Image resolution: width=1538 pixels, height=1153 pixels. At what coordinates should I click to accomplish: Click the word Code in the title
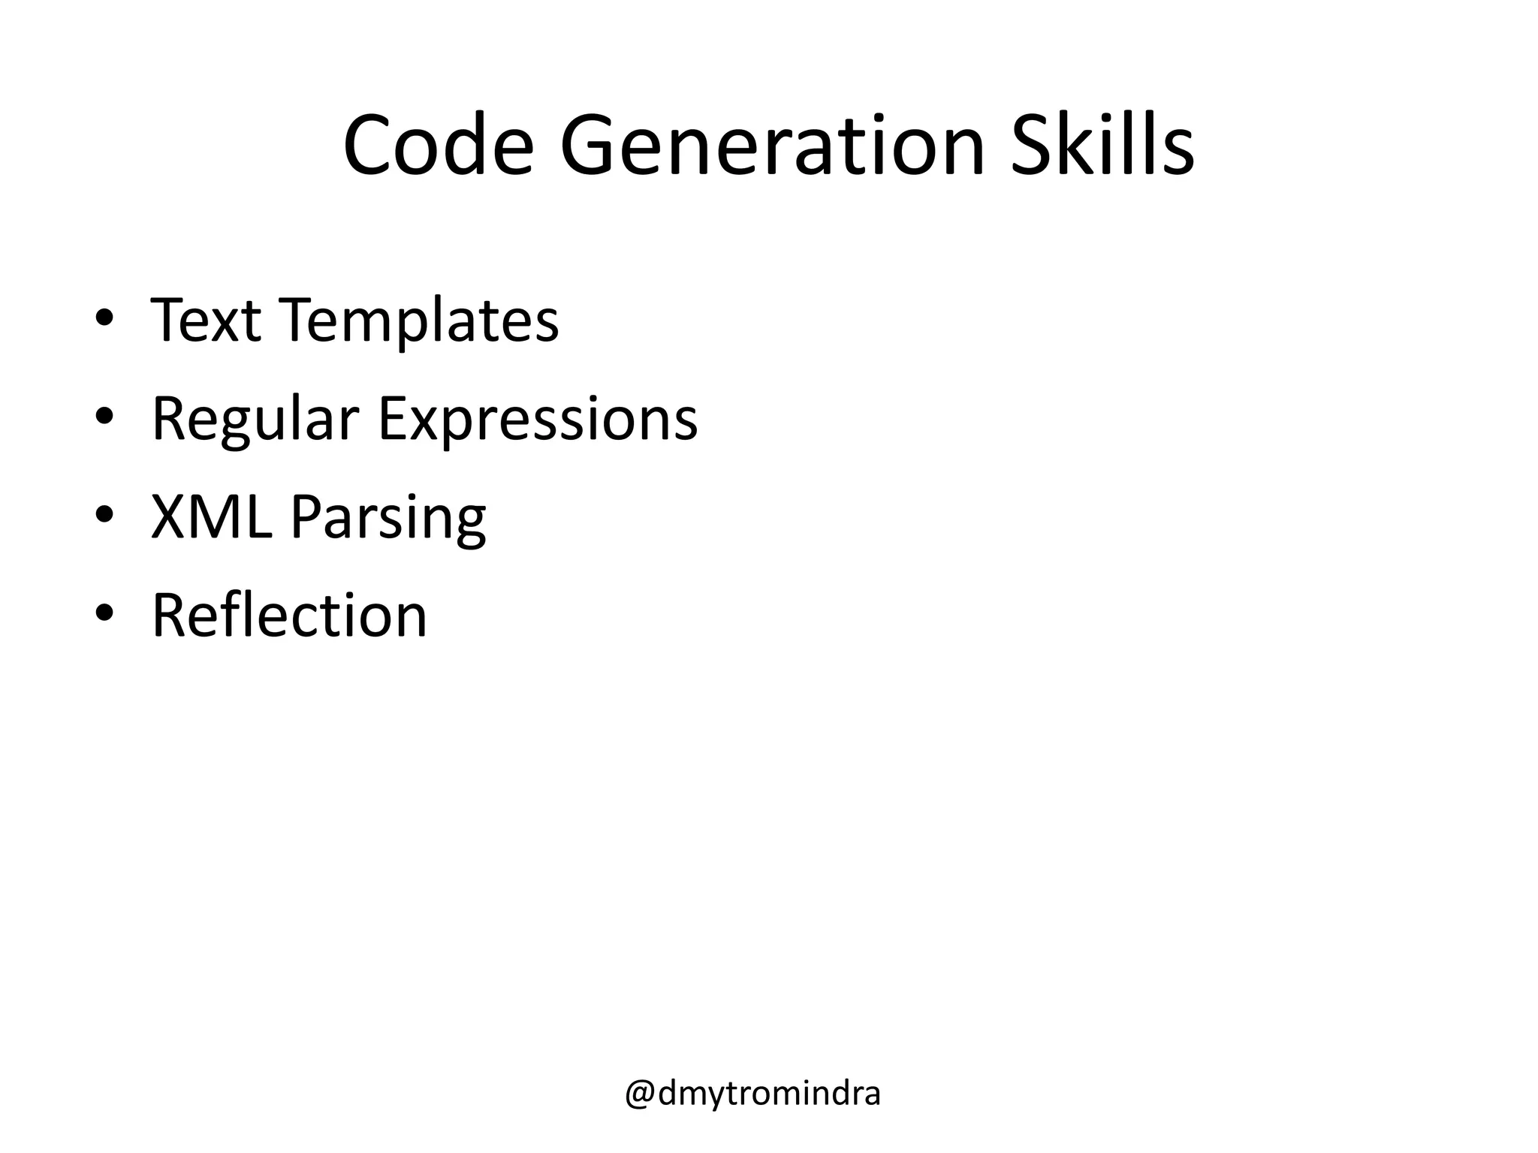[x=438, y=146]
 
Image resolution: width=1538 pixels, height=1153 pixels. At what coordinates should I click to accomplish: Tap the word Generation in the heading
[x=771, y=146]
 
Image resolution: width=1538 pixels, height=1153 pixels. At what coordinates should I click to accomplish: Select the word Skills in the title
[x=1102, y=146]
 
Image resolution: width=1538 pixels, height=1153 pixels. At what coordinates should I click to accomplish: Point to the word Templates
[x=420, y=321]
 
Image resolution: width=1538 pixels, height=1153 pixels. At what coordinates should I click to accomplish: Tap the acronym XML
[x=211, y=517]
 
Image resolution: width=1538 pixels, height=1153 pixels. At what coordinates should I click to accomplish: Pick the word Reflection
[x=289, y=616]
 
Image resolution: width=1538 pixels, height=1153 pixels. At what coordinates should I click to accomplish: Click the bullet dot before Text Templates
[x=104, y=318]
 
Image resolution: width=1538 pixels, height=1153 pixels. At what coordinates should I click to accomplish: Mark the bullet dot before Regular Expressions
[x=104, y=416]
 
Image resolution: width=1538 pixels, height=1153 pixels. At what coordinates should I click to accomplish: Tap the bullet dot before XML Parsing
[x=104, y=515]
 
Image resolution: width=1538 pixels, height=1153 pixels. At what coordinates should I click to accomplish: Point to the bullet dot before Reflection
[x=104, y=613]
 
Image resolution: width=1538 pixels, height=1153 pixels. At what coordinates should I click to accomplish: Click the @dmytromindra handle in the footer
[x=752, y=1094]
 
